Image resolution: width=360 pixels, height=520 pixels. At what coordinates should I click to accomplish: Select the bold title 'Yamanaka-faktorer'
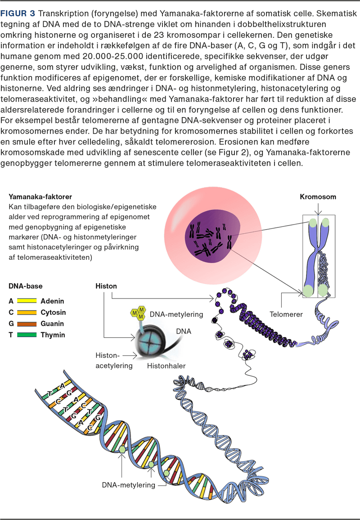click(x=40, y=197)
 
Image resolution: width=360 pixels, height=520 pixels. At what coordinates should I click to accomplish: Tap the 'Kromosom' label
click(x=318, y=197)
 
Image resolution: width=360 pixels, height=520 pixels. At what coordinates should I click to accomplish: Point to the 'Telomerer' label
click(x=286, y=314)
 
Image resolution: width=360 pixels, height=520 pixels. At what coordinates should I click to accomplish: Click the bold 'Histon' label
click(x=106, y=286)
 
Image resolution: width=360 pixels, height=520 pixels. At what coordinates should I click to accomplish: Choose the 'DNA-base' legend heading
click(x=26, y=286)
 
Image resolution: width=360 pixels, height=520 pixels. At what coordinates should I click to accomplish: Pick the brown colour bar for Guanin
click(x=27, y=324)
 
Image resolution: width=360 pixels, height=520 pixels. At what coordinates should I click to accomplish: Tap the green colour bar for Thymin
click(x=27, y=335)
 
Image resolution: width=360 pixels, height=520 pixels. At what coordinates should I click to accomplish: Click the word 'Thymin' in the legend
click(x=53, y=335)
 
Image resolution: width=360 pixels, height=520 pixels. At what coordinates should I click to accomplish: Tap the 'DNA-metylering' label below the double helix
click(x=128, y=484)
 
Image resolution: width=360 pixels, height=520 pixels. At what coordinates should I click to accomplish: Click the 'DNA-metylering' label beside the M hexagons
click(x=176, y=314)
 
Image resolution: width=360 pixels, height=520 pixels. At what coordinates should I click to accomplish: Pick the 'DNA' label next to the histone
click(x=183, y=331)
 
